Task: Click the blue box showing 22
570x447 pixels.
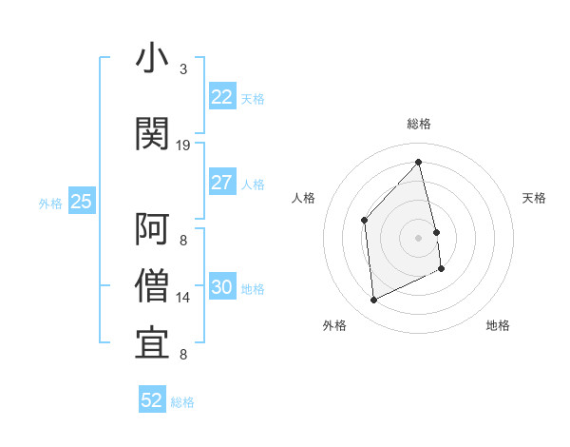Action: coord(221,96)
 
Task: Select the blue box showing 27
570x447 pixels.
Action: coord(221,183)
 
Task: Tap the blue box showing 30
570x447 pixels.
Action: coord(221,287)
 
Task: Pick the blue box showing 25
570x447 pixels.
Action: coord(81,201)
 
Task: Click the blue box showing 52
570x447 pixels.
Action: coord(152,400)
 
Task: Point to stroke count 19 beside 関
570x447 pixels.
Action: coord(183,146)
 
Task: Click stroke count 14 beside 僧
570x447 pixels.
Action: coord(183,298)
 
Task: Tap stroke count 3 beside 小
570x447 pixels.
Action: coord(183,69)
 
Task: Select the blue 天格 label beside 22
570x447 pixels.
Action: coord(253,98)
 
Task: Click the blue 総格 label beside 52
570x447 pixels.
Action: coord(182,402)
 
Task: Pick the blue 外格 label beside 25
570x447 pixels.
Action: coord(50,203)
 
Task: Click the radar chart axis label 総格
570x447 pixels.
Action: coord(418,124)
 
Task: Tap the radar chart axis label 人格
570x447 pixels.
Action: coord(304,198)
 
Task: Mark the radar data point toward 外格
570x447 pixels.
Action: coord(374,301)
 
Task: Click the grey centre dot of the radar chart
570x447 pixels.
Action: coord(418,237)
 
